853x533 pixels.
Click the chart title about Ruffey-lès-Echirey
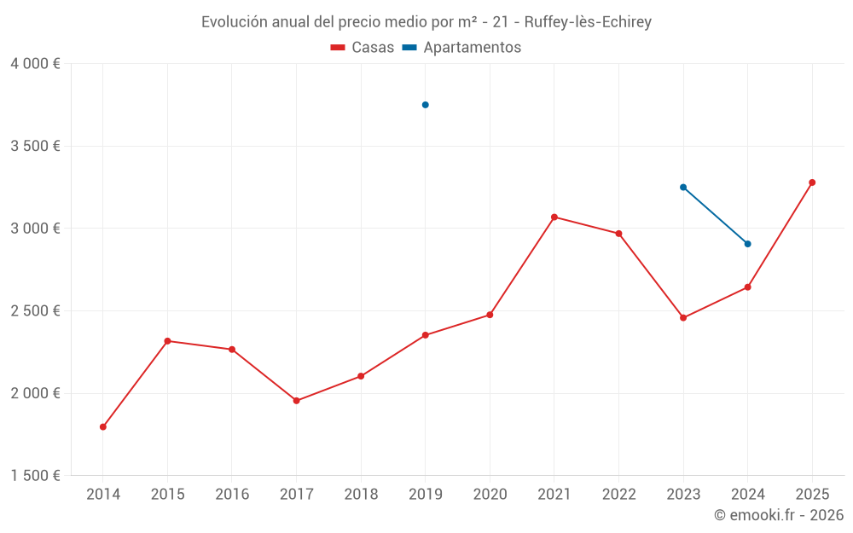pyautogui.click(x=426, y=22)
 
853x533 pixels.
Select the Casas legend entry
pyautogui.click(x=363, y=48)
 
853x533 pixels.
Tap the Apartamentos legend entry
pyautogui.click(x=461, y=48)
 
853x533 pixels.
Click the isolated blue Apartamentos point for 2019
pyautogui.click(x=425, y=105)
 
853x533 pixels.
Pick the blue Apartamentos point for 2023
pyautogui.click(x=683, y=187)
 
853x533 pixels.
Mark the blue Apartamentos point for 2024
pyautogui.click(x=747, y=244)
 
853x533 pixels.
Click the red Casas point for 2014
pyautogui.click(x=103, y=427)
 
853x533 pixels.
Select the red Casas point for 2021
pyautogui.click(x=554, y=217)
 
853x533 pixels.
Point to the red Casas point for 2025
pyautogui.click(x=812, y=182)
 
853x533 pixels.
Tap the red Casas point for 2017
pyautogui.click(x=296, y=401)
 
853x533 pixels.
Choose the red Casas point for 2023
pyautogui.click(x=683, y=318)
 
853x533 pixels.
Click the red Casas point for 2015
pyautogui.click(x=167, y=341)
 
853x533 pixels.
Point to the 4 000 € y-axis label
pyautogui.click(x=35, y=64)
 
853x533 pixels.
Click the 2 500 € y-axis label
pyautogui.click(x=35, y=311)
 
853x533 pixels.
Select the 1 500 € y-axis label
pyautogui.click(x=35, y=476)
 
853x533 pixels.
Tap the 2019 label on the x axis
pyautogui.click(x=425, y=495)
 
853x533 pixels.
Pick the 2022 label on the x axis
pyautogui.click(x=618, y=495)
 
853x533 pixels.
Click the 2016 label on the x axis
pyautogui.click(x=232, y=495)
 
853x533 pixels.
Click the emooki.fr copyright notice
pyautogui.click(x=778, y=515)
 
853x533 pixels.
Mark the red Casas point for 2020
pyautogui.click(x=490, y=315)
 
